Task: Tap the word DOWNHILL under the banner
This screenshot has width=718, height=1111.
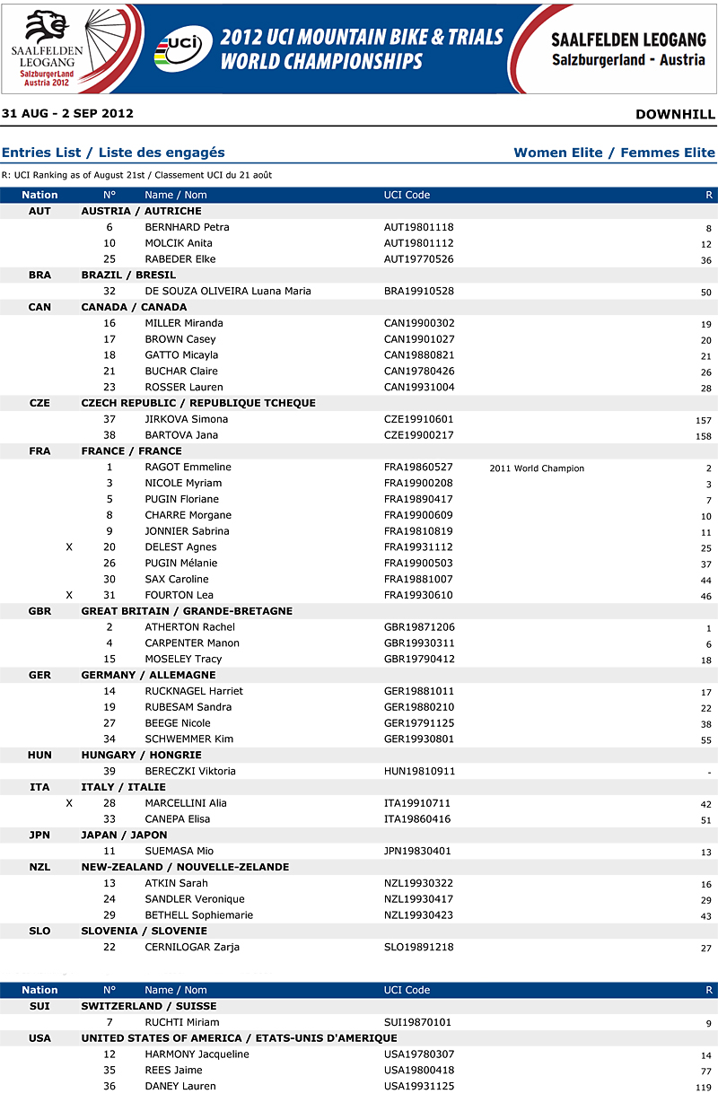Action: tap(675, 114)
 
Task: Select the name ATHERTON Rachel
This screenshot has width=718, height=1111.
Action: tap(189, 627)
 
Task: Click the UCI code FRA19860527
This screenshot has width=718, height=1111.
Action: tap(418, 468)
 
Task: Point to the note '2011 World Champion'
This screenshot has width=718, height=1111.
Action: tap(537, 468)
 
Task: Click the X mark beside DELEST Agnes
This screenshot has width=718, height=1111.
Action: tap(69, 547)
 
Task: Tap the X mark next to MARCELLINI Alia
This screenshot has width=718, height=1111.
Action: tap(69, 803)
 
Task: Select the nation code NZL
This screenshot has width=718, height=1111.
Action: tap(39, 868)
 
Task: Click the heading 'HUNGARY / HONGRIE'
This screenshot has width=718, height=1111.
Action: tap(141, 756)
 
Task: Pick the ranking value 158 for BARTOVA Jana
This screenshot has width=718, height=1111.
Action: tap(703, 437)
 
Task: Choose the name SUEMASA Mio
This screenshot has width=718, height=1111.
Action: tap(179, 852)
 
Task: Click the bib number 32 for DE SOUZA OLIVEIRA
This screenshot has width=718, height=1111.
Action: tap(109, 292)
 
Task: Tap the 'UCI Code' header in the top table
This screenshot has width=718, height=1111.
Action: tap(407, 195)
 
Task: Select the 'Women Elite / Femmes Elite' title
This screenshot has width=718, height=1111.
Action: tap(614, 153)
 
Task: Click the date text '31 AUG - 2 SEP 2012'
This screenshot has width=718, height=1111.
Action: tap(67, 114)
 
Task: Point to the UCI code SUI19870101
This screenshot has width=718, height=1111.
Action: tap(418, 1023)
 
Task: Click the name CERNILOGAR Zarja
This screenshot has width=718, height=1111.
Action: tap(192, 948)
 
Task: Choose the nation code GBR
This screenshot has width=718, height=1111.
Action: tap(39, 611)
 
